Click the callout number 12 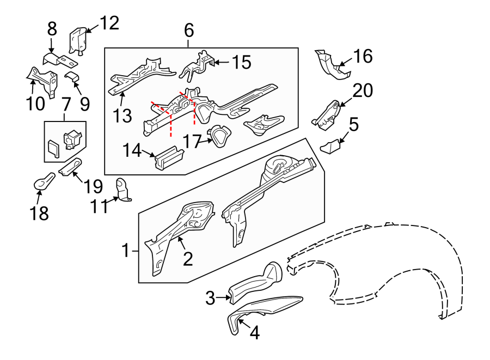click(x=109, y=23)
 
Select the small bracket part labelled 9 click(x=72, y=77)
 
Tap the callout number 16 click(x=363, y=56)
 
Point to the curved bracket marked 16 click(x=329, y=65)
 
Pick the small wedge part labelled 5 click(x=330, y=148)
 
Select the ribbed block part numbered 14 click(x=169, y=158)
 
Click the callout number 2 click(x=188, y=258)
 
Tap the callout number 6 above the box click(x=188, y=30)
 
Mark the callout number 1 click(x=125, y=251)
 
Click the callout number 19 click(x=93, y=186)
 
